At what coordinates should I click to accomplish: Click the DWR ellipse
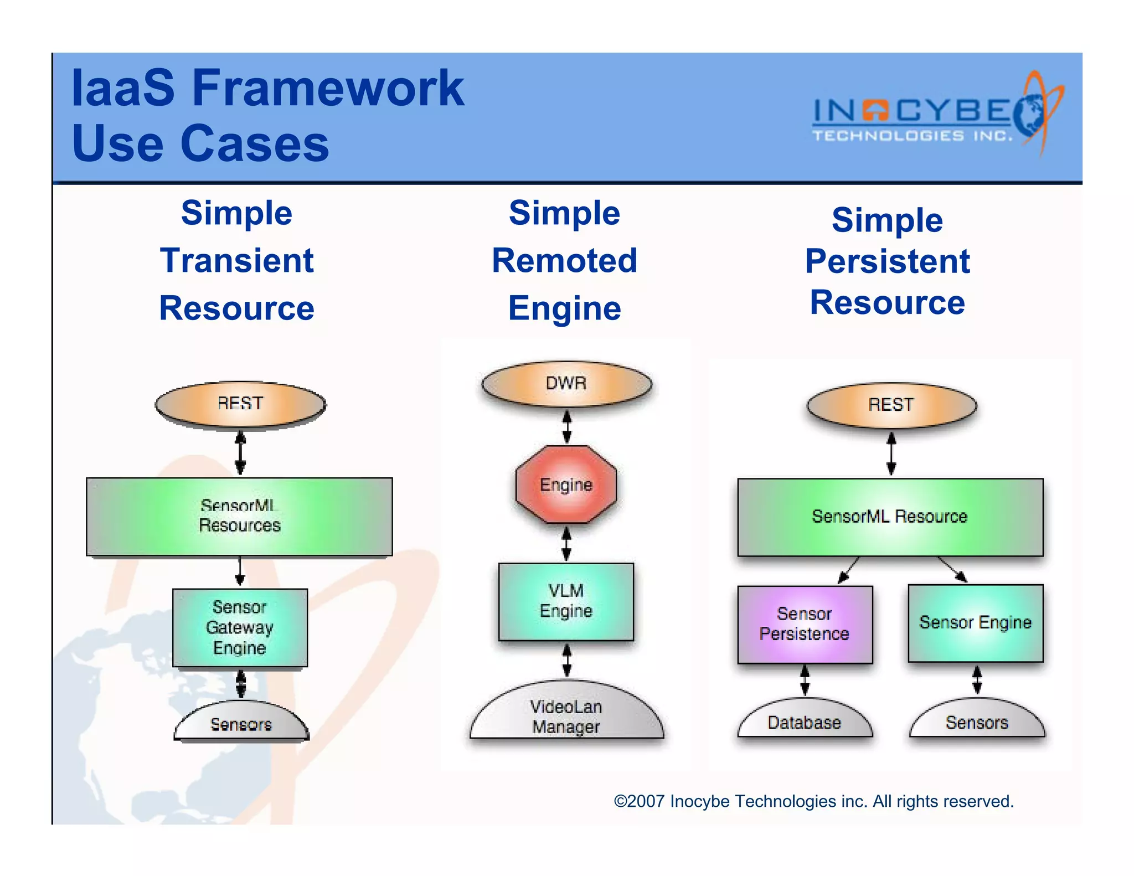click(566, 384)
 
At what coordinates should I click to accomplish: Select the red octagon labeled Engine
click(566, 485)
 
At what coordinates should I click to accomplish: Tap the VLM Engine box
click(566, 601)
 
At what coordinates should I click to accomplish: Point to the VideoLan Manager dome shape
click(566, 714)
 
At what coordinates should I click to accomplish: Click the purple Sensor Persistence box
click(805, 624)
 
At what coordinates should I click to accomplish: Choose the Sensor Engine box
click(975, 623)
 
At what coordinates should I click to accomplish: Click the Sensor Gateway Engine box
click(240, 627)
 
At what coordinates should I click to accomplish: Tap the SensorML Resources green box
click(239, 517)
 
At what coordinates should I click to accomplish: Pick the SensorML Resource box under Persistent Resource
click(890, 517)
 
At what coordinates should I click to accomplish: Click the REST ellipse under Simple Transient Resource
click(240, 404)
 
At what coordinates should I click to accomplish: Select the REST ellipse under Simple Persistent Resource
click(891, 405)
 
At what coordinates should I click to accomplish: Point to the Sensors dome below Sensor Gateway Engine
click(241, 723)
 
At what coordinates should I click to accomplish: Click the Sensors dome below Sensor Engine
click(977, 721)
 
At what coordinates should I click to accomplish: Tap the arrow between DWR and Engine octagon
click(566, 426)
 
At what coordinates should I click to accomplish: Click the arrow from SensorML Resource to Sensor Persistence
click(848, 570)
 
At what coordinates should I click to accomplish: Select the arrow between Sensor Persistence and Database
click(805, 680)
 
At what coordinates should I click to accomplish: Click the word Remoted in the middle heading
click(564, 260)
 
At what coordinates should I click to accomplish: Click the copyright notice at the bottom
click(813, 801)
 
